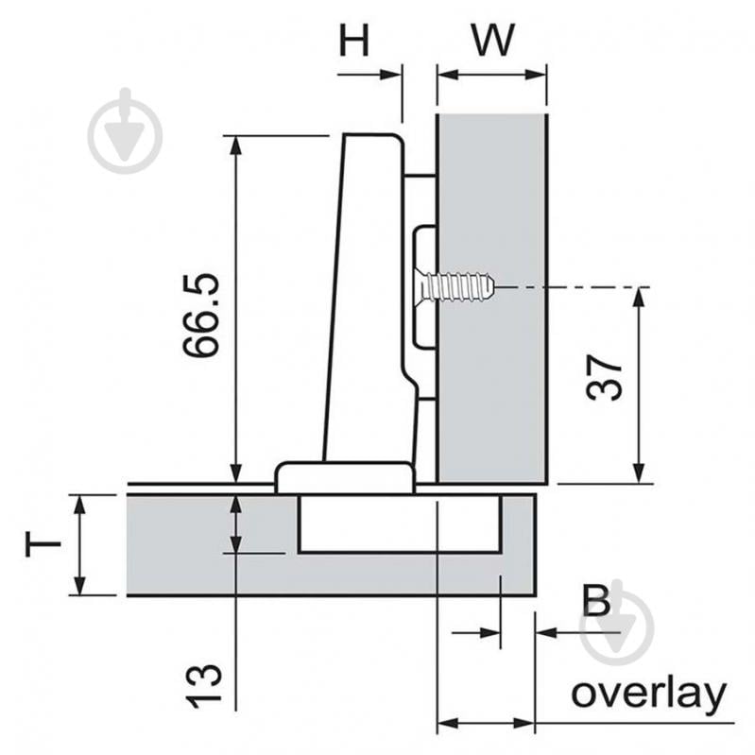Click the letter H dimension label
coord(355,41)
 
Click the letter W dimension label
coord(493,41)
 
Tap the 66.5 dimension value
coord(201,316)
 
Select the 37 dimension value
coord(605,378)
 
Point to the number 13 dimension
coord(205,687)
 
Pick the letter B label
coord(596,600)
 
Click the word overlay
coord(648,693)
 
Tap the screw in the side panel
coord(455,287)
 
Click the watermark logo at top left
coord(125,131)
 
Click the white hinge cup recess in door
coord(399,523)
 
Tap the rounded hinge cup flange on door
coord(345,477)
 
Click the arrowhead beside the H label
coord(390,75)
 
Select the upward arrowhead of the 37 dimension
coord(639,298)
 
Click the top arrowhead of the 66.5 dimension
coord(235,146)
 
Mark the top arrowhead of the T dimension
coord(80,505)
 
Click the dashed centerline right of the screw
coord(574,287)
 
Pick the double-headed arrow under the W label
coord(491,75)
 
